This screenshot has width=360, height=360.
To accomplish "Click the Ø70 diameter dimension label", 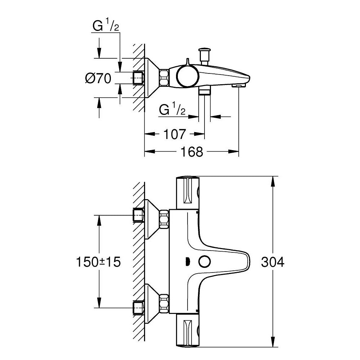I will (98, 78).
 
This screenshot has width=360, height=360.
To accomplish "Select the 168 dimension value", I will (192, 152).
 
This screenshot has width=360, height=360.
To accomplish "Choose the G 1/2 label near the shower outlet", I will (172, 109).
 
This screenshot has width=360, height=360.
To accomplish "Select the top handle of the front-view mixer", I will (187, 193).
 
